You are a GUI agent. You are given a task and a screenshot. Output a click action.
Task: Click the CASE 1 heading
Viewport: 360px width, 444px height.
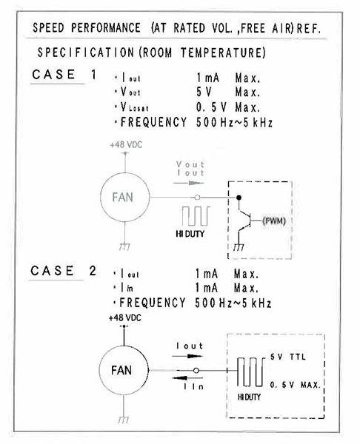pyautogui.click(x=64, y=75)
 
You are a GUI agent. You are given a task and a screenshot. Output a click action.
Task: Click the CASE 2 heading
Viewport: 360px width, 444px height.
pyautogui.click(x=63, y=271)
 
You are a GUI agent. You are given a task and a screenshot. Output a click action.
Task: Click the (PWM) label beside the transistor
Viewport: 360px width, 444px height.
pyautogui.click(x=274, y=221)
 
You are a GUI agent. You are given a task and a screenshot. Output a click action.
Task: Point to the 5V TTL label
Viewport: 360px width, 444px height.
pyautogui.click(x=287, y=357)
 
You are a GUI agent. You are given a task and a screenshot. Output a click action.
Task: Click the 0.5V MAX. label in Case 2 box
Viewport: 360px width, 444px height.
pyautogui.click(x=295, y=385)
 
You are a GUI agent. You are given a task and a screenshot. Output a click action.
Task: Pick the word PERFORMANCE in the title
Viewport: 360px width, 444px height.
pyautogui.click(x=106, y=28)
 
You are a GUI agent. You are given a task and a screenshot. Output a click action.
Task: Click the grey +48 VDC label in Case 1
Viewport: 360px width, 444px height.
pyautogui.click(x=126, y=145)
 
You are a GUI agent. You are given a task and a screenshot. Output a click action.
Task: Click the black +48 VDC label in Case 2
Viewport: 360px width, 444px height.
pyautogui.click(x=124, y=317)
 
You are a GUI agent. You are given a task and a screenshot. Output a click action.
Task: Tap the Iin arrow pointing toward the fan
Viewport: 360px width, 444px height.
pyautogui.click(x=187, y=378)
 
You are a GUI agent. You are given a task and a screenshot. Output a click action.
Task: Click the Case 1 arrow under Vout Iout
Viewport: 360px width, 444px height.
pyautogui.click(x=188, y=183)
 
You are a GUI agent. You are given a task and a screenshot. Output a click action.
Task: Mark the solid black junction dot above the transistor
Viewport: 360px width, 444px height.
pyautogui.click(x=239, y=198)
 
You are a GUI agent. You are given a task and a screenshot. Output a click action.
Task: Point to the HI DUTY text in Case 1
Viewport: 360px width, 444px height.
pyautogui.click(x=190, y=234)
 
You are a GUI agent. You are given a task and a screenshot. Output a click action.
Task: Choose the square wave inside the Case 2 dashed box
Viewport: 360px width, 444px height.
pyautogui.click(x=250, y=371)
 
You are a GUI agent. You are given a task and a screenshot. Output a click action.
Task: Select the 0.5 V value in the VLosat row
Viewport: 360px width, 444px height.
pyautogui.click(x=211, y=107)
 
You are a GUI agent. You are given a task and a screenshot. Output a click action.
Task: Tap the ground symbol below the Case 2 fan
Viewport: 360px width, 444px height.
pyautogui.click(x=124, y=420)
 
